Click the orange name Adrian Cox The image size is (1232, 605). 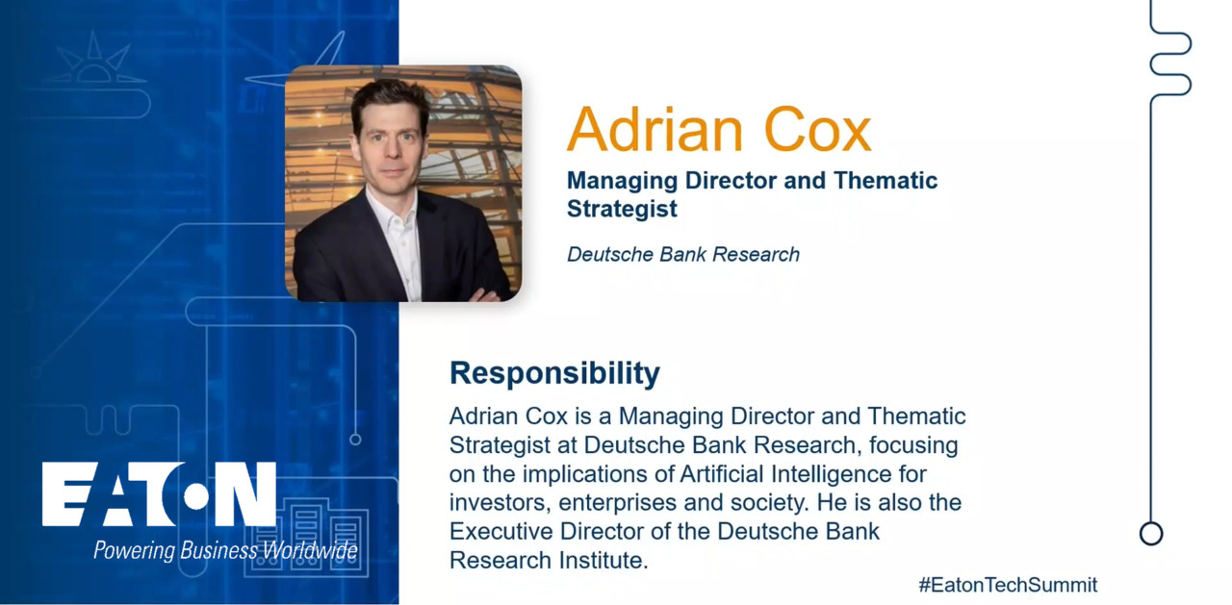point(719,129)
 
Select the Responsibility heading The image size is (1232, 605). point(554,373)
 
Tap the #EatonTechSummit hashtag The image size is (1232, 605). point(1008,585)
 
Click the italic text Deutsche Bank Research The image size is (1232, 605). point(683,255)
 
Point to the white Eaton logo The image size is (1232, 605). point(159,494)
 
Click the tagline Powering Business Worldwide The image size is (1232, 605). point(225,550)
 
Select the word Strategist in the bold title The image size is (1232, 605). point(622,210)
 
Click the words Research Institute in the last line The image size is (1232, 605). point(549,561)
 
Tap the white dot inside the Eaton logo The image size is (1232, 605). point(195,496)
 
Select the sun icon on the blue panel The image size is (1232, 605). point(94,62)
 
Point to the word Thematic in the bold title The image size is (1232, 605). point(885,181)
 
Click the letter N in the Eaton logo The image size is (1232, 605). point(245,494)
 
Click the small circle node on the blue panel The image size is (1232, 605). point(355,440)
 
